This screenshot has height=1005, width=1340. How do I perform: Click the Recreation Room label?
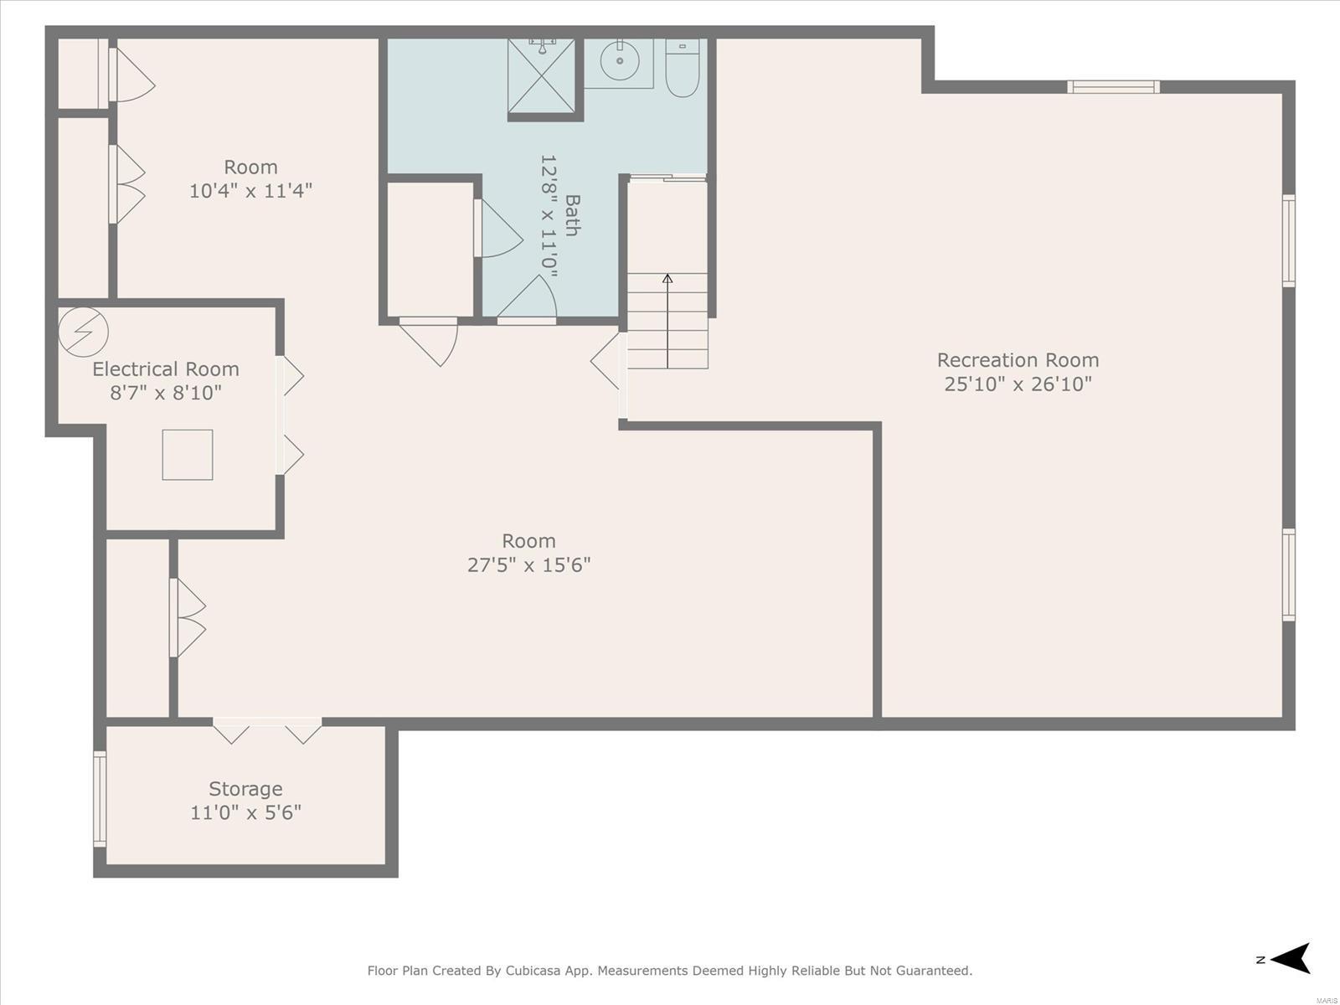(x=1018, y=360)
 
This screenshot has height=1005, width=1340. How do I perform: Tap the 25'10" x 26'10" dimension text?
(x=1018, y=384)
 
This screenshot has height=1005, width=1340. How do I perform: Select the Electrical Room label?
(x=166, y=369)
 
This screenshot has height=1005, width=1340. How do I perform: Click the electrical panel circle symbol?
(x=84, y=332)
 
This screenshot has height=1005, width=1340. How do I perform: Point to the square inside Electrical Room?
(x=188, y=455)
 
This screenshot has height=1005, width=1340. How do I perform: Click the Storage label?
(x=245, y=789)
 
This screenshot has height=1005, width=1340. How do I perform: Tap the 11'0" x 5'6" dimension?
(x=245, y=812)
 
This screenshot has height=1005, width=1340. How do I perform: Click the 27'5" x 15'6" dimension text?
(x=528, y=565)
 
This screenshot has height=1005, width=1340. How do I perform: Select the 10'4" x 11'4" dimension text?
(x=250, y=191)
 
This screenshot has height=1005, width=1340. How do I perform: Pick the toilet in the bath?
(x=683, y=68)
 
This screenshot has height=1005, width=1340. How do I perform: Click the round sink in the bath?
(x=620, y=60)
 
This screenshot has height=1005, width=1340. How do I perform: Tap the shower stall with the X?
(x=542, y=76)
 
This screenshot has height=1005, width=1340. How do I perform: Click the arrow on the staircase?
(x=667, y=321)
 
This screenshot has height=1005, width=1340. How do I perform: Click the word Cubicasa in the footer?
(x=533, y=970)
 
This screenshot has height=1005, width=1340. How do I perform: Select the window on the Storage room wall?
(x=100, y=799)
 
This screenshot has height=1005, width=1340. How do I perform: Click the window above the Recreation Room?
(x=1114, y=86)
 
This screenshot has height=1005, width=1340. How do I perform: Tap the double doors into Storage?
(x=267, y=730)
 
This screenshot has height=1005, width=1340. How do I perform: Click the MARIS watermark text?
(x=1327, y=999)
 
